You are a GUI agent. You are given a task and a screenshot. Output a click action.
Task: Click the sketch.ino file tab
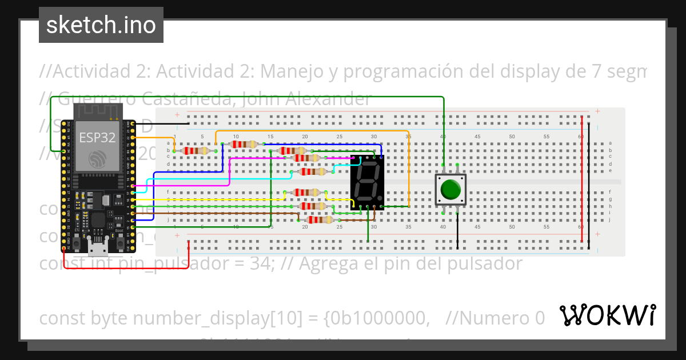(101, 25)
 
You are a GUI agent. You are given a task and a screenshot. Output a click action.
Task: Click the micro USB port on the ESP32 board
(98, 247)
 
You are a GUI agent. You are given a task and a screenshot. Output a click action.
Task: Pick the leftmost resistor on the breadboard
(194, 151)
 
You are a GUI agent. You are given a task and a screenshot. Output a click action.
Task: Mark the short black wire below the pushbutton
(457, 231)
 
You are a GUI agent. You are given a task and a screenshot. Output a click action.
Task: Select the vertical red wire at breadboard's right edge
(582, 183)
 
